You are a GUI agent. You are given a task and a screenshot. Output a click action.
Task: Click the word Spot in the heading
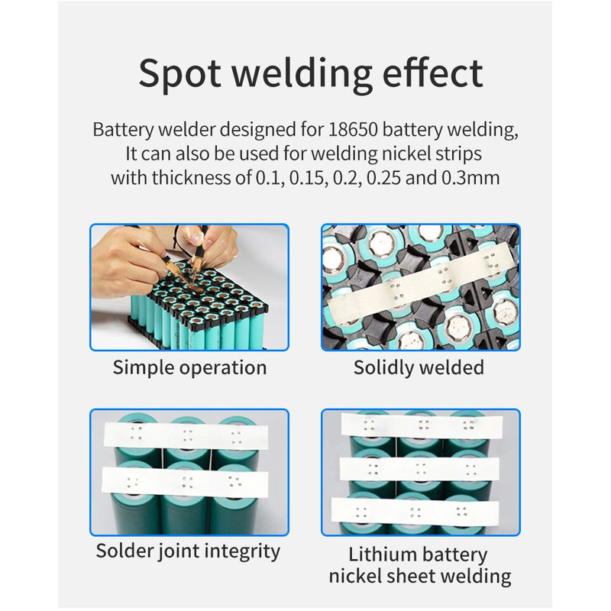(x=180, y=74)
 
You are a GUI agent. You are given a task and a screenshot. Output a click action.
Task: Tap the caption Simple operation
(x=189, y=367)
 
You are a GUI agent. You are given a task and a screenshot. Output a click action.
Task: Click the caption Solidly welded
(x=419, y=367)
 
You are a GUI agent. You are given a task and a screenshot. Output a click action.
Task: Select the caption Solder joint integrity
(x=188, y=551)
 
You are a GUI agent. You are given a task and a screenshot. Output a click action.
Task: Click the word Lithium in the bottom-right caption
(x=379, y=554)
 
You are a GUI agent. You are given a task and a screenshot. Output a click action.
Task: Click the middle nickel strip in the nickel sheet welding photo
(x=419, y=467)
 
